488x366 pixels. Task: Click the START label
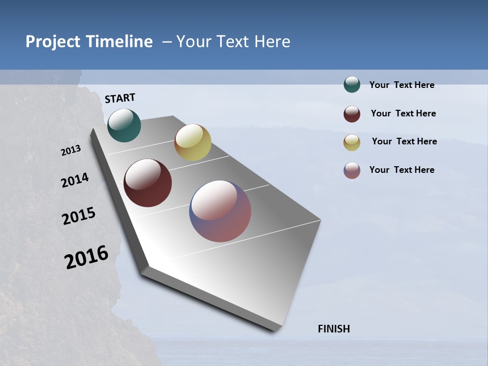click(120, 98)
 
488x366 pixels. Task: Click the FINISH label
click(333, 329)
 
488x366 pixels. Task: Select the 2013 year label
click(71, 150)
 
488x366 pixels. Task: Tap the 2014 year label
click(75, 180)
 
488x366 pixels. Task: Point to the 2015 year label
click(78, 216)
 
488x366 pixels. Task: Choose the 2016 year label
click(86, 257)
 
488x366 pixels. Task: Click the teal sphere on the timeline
click(124, 125)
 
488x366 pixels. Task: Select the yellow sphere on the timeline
click(193, 142)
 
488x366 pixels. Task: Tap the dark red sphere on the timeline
click(147, 183)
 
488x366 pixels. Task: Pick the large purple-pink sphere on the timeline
click(220, 211)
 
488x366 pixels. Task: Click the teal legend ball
click(352, 84)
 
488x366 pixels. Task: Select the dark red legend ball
click(352, 114)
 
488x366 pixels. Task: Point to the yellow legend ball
click(352, 142)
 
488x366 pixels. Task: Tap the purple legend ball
click(352, 170)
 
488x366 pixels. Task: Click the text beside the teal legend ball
click(402, 85)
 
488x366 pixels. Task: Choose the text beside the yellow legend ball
click(404, 141)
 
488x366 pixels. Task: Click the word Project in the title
click(53, 42)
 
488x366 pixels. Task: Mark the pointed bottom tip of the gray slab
click(277, 330)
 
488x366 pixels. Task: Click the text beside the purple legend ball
click(402, 170)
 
